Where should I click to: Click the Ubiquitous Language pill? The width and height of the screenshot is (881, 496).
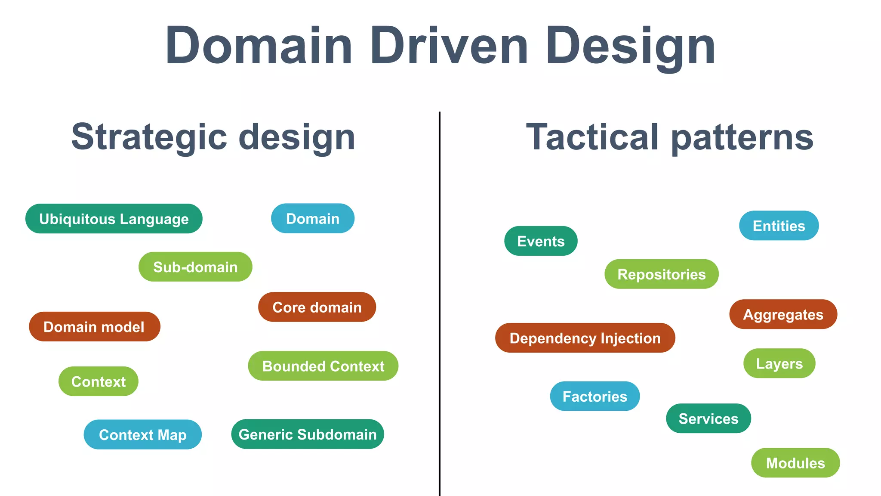pyautogui.click(x=114, y=219)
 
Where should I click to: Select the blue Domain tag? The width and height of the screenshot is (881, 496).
pyautogui.click(x=313, y=218)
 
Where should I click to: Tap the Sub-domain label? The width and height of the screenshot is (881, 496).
pyautogui.click(x=195, y=267)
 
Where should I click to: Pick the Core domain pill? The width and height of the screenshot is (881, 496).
pyautogui.click(x=317, y=307)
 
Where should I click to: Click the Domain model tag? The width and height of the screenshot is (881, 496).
pyautogui.click(x=94, y=327)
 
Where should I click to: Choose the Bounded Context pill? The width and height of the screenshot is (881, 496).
pyautogui.click(x=323, y=366)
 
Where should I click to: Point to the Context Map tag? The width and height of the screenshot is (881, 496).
pyautogui.click(x=143, y=434)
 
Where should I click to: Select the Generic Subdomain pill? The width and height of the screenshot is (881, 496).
pyautogui.click(x=308, y=434)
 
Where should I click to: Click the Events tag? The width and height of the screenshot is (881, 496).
pyautogui.click(x=541, y=241)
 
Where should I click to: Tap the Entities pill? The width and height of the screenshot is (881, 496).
pyautogui.click(x=779, y=226)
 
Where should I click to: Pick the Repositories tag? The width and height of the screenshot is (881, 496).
pyautogui.click(x=661, y=274)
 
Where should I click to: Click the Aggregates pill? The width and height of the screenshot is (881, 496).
pyautogui.click(x=783, y=314)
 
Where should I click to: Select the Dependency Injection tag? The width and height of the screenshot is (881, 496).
pyautogui.click(x=585, y=338)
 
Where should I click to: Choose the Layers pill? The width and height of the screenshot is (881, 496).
pyautogui.click(x=779, y=363)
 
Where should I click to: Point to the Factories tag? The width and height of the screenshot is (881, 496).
pyautogui.click(x=595, y=396)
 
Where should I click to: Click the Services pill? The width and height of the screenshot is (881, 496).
pyautogui.click(x=708, y=418)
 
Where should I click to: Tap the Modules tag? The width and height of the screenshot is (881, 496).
pyautogui.click(x=795, y=463)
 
